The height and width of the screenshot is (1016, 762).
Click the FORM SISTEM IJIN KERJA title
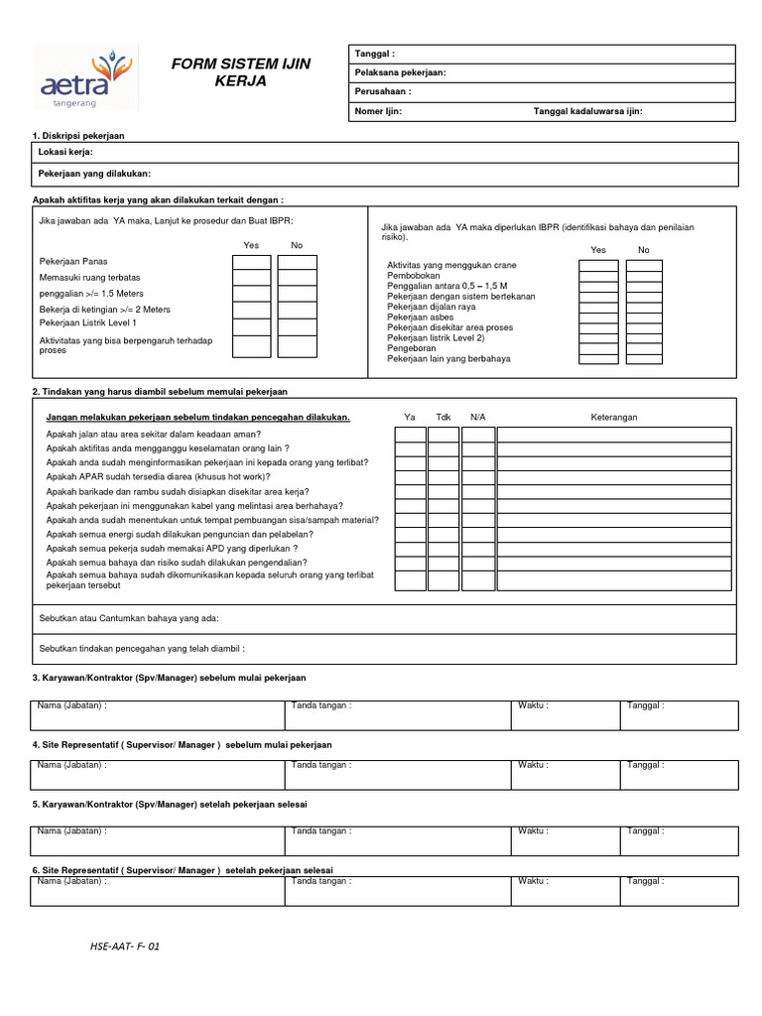(241, 72)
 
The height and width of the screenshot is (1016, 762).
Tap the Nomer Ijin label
(378, 111)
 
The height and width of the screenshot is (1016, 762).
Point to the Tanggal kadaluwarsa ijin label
(587, 111)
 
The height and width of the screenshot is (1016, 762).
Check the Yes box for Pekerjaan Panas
(251, 262)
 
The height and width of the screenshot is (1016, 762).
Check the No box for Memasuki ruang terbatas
(297, 279)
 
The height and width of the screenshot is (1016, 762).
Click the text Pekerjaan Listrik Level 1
(88, 323)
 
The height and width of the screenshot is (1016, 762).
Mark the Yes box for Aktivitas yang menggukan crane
(598, 266)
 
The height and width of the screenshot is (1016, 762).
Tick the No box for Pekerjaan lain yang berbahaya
(644, 358)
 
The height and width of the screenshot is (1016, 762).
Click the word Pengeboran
(411, 348)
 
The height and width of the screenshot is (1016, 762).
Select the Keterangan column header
(614, 417)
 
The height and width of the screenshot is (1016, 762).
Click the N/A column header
(477, 417)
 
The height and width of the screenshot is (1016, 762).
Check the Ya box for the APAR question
(411, 477)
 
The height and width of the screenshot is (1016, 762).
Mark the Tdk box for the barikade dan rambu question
(444, 491)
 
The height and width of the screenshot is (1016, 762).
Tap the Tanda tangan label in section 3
(320, 706)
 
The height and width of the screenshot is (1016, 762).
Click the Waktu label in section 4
(532, 765)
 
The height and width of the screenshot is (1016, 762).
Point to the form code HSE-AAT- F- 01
(124, 947)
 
